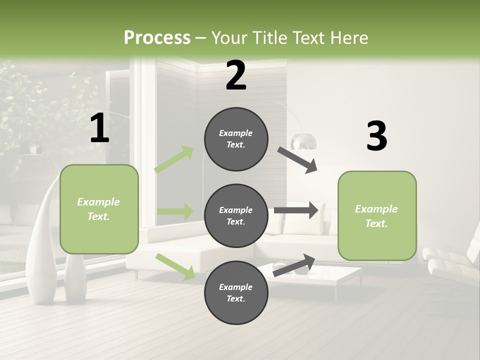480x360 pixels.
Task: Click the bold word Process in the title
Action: [157, 37]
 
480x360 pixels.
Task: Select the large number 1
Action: [99, 128]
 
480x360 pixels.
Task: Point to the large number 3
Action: [376, 136]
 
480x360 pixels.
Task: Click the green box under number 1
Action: [99, 209]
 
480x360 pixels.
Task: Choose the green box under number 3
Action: [377, 216]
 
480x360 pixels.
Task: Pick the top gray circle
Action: [236, 139]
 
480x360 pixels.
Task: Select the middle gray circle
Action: [236, 216]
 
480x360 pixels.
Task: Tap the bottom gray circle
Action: [236, 293]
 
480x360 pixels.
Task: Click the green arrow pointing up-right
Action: [174, 159]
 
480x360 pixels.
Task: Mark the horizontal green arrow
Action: [175, 211]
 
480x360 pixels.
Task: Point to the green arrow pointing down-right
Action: [175, 266]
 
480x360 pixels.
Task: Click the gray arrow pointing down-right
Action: [297, 159]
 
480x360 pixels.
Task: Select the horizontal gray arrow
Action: [296, 210]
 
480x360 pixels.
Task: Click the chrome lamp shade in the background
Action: [304, 141]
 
